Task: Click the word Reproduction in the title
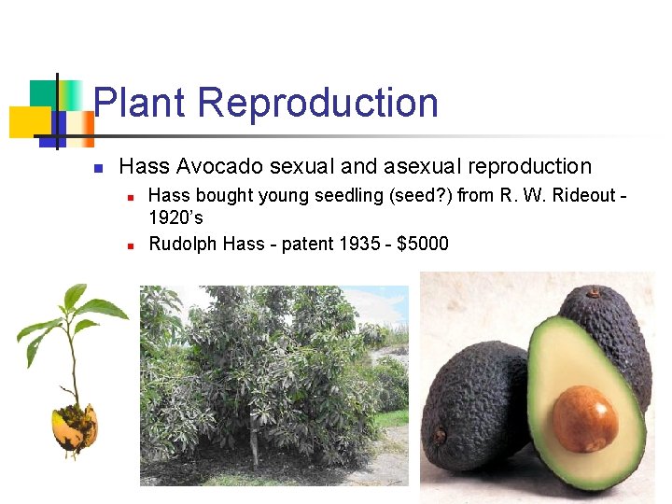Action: point(317,103)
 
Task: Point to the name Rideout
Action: point(580,196)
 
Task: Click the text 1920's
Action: point(175,218)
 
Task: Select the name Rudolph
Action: point(184,245)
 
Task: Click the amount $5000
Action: point(422,245)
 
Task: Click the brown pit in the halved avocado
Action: point(584,417)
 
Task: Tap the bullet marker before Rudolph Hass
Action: point(132,245)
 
